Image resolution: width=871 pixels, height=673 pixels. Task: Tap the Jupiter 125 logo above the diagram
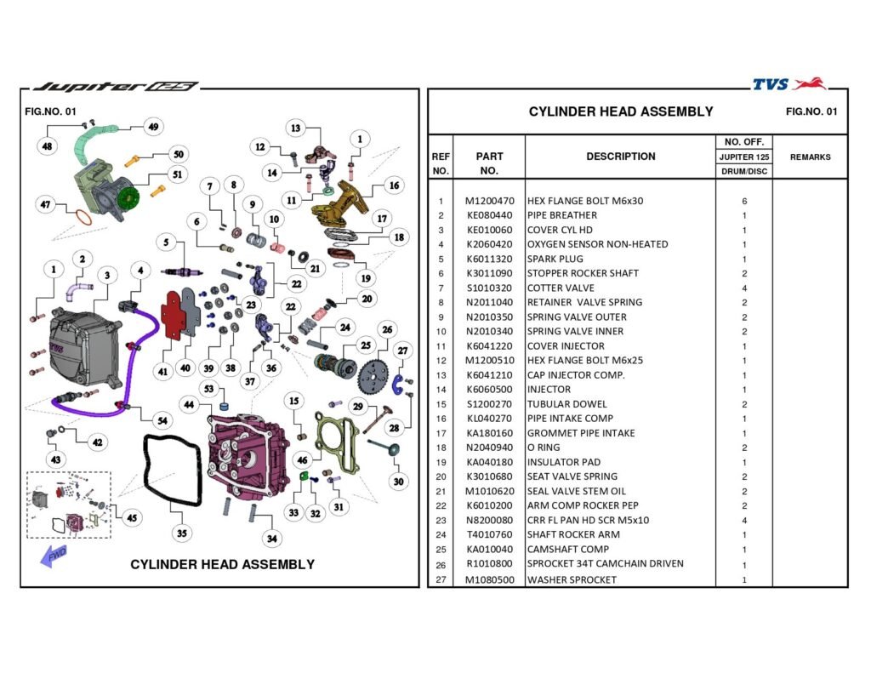click(x=114, y=87)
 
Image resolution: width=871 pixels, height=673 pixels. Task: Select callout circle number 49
click(x=153, y=127)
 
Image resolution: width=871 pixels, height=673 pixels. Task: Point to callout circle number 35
click(x=181, y=533)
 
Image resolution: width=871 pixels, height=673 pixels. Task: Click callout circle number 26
click(x=386, y=329)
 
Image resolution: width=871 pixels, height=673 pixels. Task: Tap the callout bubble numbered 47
click(x=46, y=204)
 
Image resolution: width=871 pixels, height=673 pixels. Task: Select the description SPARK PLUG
click(x=555, y=259)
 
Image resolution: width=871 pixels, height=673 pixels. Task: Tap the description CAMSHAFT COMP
click(x=567, y=549)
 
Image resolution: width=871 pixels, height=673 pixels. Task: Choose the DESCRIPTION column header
click(x=620, y=157)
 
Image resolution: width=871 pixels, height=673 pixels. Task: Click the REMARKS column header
click(x=810, y=157)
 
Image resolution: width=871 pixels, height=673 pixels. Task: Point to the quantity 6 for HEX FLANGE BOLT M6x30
click(x=743, y=201)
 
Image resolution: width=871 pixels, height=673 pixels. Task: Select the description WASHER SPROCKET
click(x=572, y=579)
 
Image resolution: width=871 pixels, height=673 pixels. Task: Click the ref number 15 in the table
click(x=441, y=404)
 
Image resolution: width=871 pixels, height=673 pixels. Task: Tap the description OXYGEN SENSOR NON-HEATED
click(x=597, y=244)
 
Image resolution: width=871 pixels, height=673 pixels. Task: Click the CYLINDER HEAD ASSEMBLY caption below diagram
click(x=222, y=564)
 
